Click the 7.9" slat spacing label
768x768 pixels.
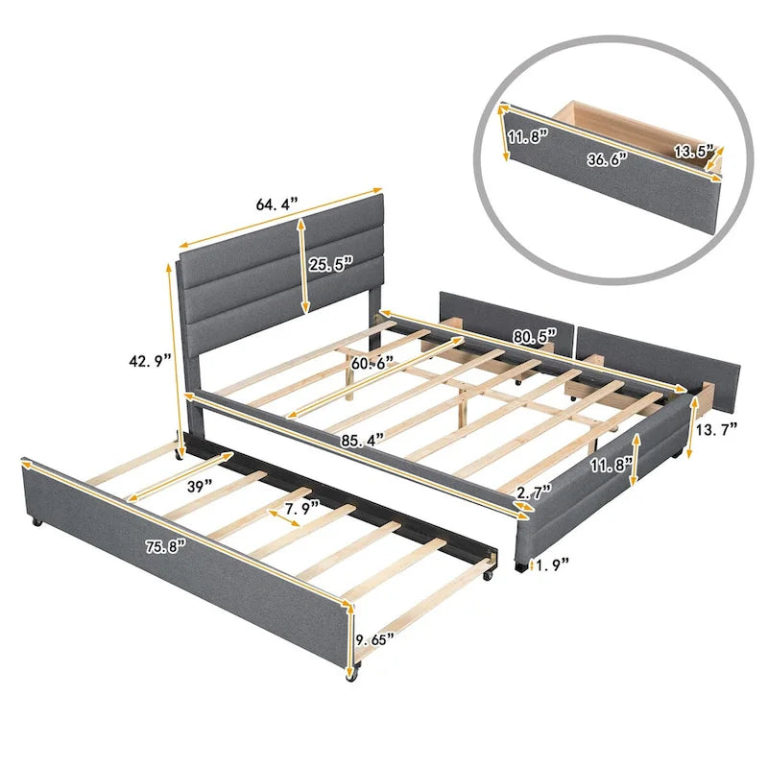tap(301, 509)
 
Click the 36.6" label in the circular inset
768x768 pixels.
tap(607, 157)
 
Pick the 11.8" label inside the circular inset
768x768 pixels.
tap(526, 135)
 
